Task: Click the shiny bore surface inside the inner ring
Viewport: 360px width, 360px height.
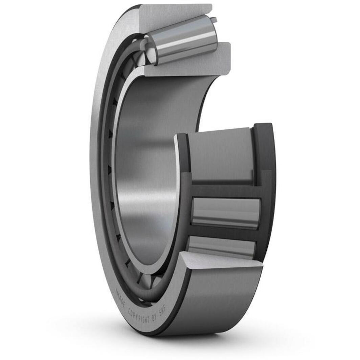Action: click(149, 176)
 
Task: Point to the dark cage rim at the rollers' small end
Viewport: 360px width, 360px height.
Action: click(184, 203)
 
